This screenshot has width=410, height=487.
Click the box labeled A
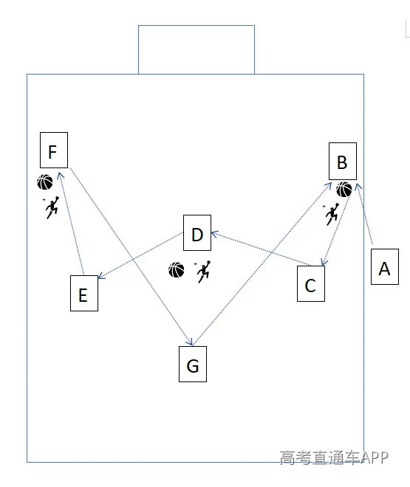pos(384,266)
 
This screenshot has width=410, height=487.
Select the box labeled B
pos(343,161)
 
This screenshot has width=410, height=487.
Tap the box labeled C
pos(311,283)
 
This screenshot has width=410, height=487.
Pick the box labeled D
pos(197,232)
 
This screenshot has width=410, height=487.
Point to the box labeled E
pos(84,293)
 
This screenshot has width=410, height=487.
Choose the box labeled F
pos(54,150)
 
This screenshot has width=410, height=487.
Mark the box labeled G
pos(193,364)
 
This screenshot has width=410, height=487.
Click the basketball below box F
pos(45,182)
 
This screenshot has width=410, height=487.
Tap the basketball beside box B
pos(344,190)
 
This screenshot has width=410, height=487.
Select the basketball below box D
pos(177,269)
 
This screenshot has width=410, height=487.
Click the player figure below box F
pos(52,207)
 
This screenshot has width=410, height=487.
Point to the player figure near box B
pos(332,214)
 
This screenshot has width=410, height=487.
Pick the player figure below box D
pos(203,272)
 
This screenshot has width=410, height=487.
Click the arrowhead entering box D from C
pos(213,234)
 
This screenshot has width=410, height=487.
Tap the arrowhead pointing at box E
pos(100,276)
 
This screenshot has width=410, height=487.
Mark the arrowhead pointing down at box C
pos(324,263)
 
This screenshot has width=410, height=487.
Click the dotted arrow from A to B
pos(365,213)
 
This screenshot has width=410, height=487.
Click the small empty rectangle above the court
pos(197,26)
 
